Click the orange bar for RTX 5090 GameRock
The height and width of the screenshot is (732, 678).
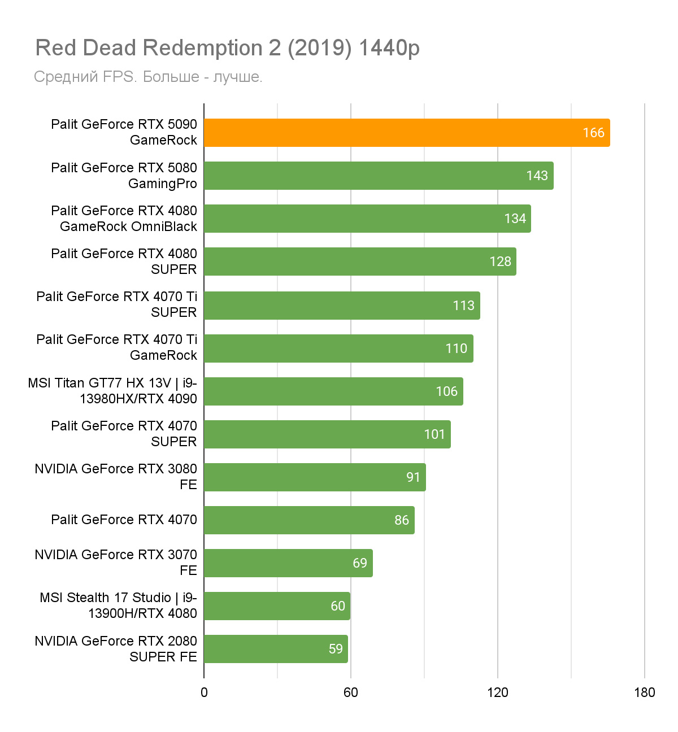pos(407,133)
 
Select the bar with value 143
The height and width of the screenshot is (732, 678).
pos(379,176)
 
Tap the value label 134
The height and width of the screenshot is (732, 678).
pos(515,219)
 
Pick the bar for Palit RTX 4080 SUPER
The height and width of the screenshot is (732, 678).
pos(360,262)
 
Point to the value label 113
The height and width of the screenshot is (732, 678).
pos(463,306)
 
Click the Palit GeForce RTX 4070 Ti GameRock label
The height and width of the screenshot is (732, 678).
pos(117,347)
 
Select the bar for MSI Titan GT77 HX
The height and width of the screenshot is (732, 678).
pos(333,391)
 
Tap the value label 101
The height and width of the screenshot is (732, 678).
pos(434,434)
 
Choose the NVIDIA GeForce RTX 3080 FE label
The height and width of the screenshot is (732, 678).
pos(116,477)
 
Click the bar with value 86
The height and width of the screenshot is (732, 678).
pos(309,520)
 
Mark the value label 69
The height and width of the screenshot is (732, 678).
pos(360,563)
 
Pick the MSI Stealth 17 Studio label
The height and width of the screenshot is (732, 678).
pos(118,605)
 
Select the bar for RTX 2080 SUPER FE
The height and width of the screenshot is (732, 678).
pos(276,649)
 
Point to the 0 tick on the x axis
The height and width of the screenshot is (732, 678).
pos(204,692)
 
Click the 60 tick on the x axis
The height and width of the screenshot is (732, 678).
pos(351,692)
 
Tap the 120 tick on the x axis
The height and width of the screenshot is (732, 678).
pos(498,692)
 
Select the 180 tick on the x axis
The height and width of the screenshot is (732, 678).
pos(645,692)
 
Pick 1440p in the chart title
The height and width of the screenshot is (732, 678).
pos(389,49)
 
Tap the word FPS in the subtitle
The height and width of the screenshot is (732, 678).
pos(119,77)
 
